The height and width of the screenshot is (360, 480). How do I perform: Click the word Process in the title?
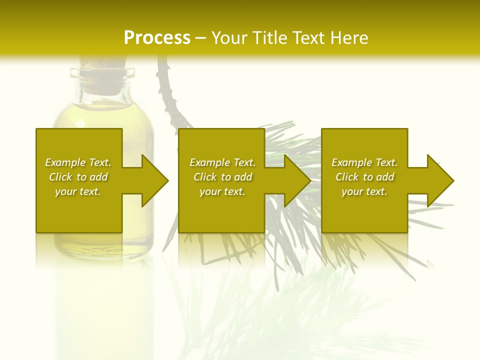coord(157,38)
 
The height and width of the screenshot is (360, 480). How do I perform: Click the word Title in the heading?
coord(269,38)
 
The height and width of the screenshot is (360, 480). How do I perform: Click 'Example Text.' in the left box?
coord(78,162)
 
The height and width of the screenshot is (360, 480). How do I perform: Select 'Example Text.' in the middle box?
coord(222,162)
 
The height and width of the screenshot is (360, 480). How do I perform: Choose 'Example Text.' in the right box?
coord(364,162)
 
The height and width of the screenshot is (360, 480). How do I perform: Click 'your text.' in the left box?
coord(78,191)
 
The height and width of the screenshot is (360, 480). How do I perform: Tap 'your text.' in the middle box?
coord(222,191)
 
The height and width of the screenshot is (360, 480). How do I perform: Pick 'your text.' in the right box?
coord(364,191)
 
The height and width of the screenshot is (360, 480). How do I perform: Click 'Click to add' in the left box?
coord(78,177)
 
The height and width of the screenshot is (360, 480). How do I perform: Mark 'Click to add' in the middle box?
coord(222,177)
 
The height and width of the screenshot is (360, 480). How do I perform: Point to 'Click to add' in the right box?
coord(364,177)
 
